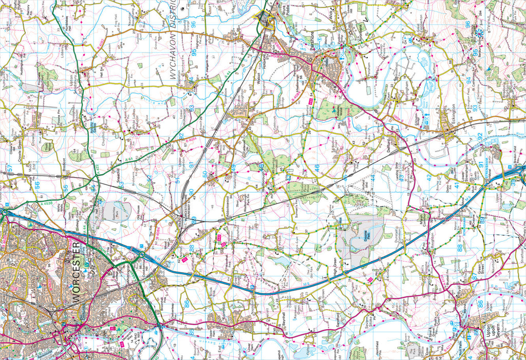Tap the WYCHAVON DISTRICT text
(x=174, y=42)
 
